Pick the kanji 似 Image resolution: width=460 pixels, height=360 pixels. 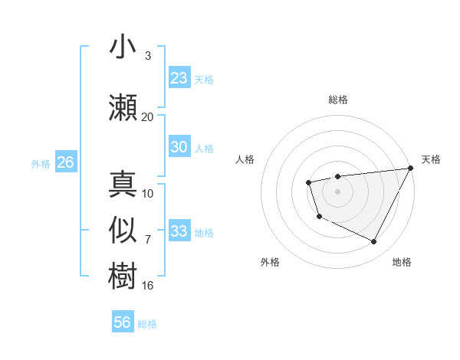[x=123, y=231]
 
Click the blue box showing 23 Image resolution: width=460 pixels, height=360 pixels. [x=179, y=78]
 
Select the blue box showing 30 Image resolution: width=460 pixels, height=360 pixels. [x=179, y=147]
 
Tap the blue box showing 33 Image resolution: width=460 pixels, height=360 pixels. [x=179, y=231]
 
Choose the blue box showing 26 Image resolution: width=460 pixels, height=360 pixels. [x=65, y=162]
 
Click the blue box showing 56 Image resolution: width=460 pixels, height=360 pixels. [x=123, y=322]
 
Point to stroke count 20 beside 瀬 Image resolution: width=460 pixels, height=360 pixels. [x=147, y=116]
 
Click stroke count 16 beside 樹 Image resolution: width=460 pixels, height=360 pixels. [x=147, y=285]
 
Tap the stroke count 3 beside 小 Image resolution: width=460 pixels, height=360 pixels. [x=148, y=56]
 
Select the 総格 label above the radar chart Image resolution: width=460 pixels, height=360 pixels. [x=338, y=100]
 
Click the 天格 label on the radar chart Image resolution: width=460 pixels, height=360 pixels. [x=431, y=159]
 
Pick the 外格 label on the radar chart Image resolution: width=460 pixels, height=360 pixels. [x=270, y=262]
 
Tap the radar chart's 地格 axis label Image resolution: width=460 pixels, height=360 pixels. [x=402, y=262]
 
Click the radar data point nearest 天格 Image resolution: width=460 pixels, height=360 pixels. [x=411, y=169]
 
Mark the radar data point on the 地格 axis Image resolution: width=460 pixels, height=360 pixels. [x=374, y=242]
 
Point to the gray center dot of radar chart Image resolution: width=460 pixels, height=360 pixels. [x=338, y=191]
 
